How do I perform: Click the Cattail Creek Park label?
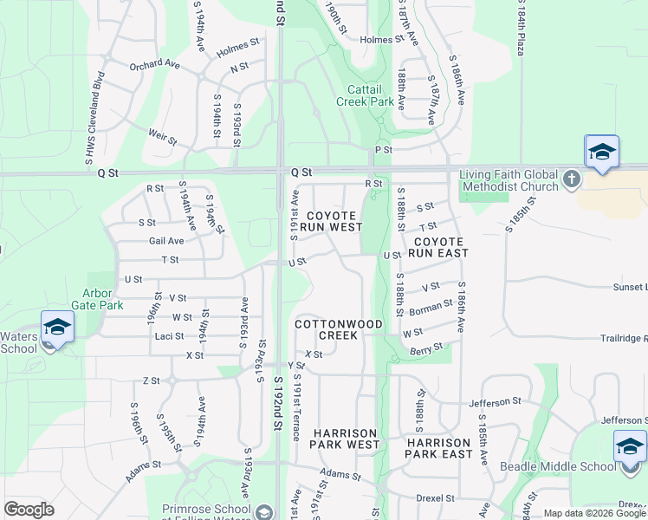pos(371,95)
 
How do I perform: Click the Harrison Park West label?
pos(346,439)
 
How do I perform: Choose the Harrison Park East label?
pos(440,448)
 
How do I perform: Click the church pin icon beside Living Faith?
pos(571,179)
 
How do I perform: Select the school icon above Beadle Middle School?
pos(630,449)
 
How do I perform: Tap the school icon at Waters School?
pos(57,328)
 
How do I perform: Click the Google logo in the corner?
pos(29,510)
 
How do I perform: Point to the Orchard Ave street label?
pos(154,65)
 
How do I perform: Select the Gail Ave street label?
pos(166,241)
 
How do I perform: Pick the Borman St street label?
pos(431,308)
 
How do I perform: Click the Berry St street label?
pos(427,348)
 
